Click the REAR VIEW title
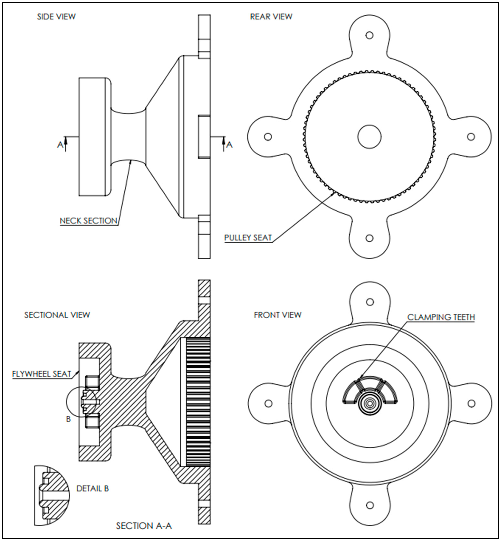click(271, 17)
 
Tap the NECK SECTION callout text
click(88, 221)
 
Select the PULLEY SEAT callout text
click(248, 238)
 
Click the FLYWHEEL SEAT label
click(42, 374)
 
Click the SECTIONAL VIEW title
click(57, 315)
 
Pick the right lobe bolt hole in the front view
click(472, 404)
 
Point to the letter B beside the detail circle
click(68, 419)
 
